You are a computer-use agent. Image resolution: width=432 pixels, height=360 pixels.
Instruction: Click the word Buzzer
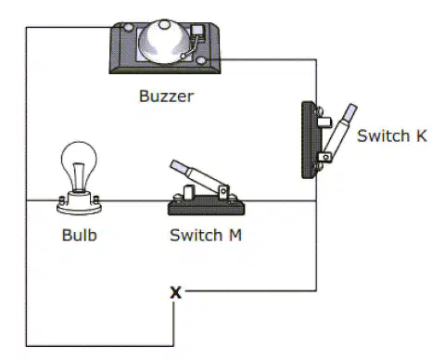(166, 96)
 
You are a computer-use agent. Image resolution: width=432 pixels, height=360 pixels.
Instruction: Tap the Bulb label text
(80, 235)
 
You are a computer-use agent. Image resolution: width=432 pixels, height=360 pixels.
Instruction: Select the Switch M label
(206, 235)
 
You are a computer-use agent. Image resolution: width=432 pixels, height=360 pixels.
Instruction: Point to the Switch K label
(392, 135)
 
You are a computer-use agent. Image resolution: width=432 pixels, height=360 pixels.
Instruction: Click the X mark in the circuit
(176, 292)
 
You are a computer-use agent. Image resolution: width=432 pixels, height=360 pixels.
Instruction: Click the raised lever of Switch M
(197, 176)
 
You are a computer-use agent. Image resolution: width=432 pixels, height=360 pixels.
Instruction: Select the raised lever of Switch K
(340, 130)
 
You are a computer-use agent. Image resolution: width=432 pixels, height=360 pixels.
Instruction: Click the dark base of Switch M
(206, 208)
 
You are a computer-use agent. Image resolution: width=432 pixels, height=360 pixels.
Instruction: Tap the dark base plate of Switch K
(309, 140)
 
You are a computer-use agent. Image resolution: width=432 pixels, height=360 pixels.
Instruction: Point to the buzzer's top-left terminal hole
(128, 28)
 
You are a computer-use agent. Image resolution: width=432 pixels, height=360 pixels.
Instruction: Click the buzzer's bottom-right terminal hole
(201, 60)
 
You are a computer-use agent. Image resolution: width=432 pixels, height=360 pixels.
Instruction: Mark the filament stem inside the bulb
(79, 176)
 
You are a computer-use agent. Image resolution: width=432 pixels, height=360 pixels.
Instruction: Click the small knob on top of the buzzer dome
(164, 24)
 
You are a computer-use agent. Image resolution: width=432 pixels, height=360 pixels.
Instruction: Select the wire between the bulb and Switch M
(135, 201)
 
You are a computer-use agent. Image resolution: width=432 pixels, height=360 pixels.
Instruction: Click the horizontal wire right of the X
(251, 290)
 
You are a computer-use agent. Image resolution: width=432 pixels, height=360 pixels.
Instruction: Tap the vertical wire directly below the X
(173, 324)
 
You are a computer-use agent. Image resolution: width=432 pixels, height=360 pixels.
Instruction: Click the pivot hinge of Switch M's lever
(223, 192)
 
